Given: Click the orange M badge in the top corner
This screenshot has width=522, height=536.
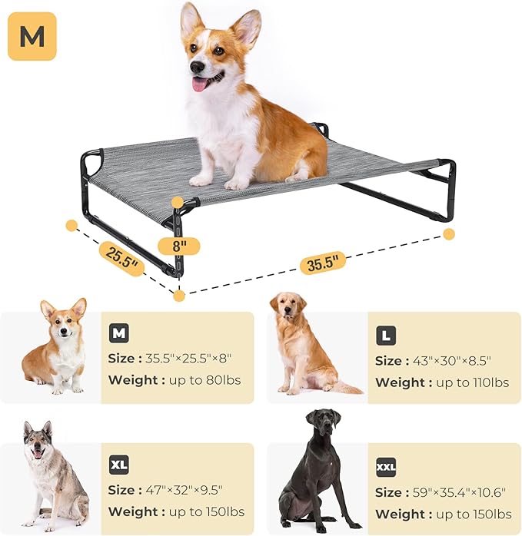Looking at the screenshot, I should click(32, 35).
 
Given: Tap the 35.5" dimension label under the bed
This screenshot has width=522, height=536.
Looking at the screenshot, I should click(323, 261).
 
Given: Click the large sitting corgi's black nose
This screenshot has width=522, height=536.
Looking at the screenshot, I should click(197, 68).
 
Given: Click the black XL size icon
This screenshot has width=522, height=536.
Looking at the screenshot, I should click(118, 465).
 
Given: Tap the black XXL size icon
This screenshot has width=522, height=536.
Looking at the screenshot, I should click(386, 467).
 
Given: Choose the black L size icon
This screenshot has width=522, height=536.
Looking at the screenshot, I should click(386, 336).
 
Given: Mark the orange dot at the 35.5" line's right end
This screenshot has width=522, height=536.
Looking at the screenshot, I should click(449, 233).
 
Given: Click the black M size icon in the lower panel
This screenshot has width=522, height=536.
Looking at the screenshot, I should click(118, 333).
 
